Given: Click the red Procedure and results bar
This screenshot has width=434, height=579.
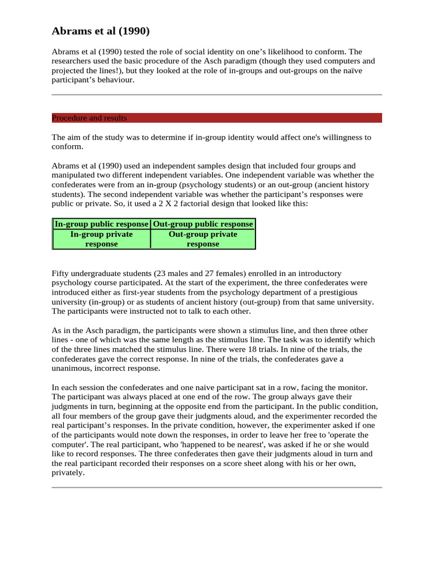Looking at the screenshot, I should pyautogui.click(x=216, y=118).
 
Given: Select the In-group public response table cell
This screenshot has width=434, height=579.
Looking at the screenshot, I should pyautogui.click(x=102, y=224).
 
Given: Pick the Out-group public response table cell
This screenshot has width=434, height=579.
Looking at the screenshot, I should pyautogui.click(x=203, y=224).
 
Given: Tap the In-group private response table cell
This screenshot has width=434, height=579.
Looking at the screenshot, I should pyautogui.click(x=102, y=239).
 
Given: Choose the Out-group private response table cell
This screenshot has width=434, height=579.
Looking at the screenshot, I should pyautogui.click(x=203, y=239).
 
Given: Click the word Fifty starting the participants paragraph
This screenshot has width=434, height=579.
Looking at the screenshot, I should pyautogui.click(x=61, y=273).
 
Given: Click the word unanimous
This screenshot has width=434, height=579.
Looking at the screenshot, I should pyautogui.click(x=71, y=368).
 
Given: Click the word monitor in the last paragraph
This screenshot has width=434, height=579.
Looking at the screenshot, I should pyautogui.click(x=353, y=387).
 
